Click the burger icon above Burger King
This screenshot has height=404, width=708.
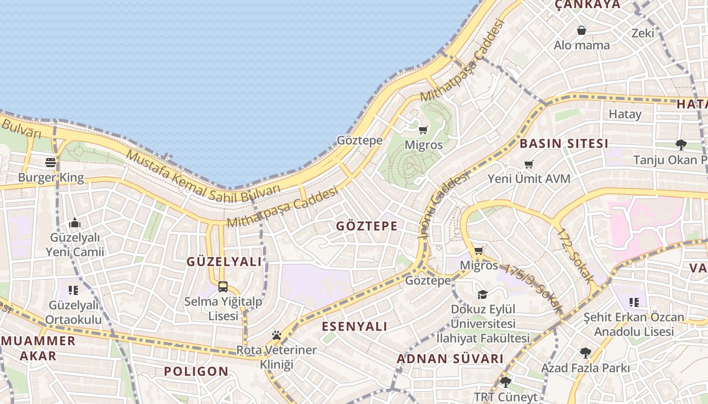[51, 162]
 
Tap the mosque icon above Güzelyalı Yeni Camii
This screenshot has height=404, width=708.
[75, 223]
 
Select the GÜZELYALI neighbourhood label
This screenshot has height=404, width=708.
[225, 262]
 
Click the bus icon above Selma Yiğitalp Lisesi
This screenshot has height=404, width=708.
[223, 287]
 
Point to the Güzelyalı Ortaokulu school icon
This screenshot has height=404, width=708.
[73, 290]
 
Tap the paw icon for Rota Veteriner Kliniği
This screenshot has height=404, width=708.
[276, 335]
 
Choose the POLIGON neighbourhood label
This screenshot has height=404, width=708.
[196, 372]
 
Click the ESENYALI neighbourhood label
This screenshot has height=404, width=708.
[355, 326]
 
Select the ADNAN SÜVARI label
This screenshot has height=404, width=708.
[450, 359]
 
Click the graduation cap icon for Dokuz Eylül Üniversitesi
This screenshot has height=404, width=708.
[482, 294]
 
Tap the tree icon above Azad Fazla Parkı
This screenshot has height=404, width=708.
[585, 352]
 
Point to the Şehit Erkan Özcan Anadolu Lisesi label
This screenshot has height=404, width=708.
[634, 325]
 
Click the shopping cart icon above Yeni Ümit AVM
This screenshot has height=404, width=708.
[529, 164]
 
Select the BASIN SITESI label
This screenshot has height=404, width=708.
[564, 143]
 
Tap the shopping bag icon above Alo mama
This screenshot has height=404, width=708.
[582, 30]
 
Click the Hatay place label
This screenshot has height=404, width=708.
[625, 114]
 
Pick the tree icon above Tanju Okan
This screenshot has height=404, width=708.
[681, 145]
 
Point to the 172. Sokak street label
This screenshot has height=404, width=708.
[576, 255]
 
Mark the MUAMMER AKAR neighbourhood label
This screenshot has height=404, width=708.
[38, 348]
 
